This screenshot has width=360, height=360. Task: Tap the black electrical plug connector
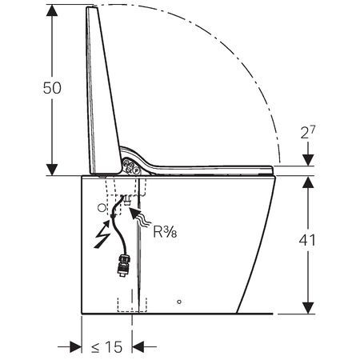[123, 263]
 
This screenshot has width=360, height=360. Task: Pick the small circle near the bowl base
[179, 303]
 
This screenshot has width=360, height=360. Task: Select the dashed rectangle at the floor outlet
[127, 305]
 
